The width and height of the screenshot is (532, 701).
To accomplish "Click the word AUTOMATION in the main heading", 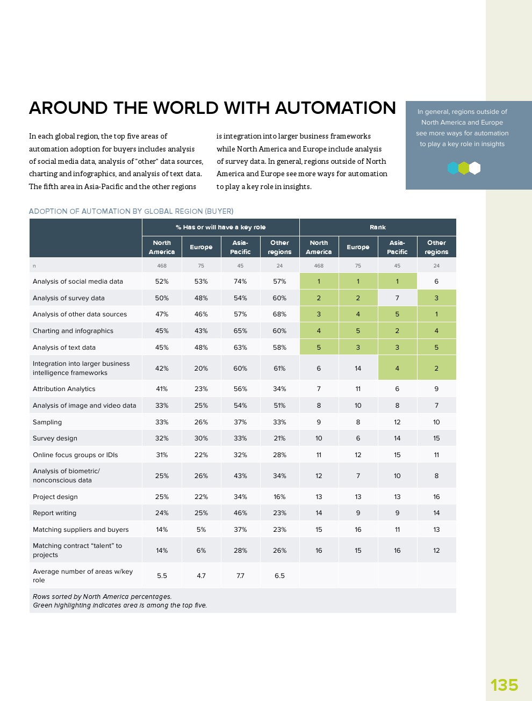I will (335, 108).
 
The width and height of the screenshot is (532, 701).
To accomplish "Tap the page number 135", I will (504, 685).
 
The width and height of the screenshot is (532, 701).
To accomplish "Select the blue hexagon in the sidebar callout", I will (453, 168).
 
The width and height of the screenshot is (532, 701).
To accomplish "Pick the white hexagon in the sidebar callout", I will (475, 168).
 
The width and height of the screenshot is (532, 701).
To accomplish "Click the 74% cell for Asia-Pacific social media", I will (240, 281).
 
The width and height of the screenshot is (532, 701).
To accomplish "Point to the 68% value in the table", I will (279, 314).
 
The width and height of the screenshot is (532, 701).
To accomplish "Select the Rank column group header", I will (378, 227).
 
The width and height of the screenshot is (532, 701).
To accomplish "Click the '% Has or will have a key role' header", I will (220, 227).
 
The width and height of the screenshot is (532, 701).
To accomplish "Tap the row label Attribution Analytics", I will (64, 389).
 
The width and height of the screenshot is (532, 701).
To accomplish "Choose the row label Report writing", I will (54, 513).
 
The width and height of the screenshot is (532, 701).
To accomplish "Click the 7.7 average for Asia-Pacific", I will (240, 576).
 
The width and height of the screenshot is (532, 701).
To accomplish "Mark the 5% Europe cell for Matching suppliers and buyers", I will (201, 530).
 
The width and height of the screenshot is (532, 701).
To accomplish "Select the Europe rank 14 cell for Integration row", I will (358, 368).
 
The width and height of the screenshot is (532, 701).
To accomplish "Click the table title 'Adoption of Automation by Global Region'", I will (131, 211).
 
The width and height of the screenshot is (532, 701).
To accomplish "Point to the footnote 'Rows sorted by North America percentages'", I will (102, 596).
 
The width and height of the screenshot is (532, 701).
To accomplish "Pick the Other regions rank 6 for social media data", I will (436, 281).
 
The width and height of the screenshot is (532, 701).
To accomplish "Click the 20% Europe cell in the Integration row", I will (201, 368).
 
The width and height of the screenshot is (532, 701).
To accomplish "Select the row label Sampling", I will (47, 422).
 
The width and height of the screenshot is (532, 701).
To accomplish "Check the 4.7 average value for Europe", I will (201, 576).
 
